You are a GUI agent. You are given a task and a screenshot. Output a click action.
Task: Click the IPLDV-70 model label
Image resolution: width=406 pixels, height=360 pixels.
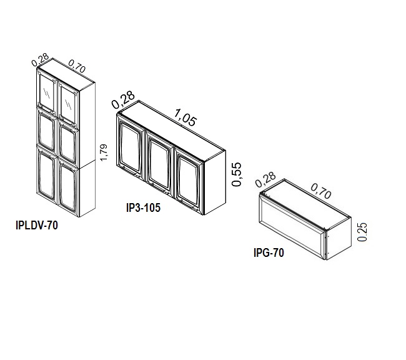(37, 225)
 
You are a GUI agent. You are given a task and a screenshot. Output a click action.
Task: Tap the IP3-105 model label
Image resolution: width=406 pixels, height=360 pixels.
(143, 207)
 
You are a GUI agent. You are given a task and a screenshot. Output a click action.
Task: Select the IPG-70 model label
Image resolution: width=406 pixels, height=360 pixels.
(269, 252)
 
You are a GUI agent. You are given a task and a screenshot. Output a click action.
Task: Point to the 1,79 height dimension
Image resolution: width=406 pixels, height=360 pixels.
(104, 152)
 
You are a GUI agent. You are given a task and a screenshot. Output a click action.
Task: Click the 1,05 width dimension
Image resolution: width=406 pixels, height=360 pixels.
(186, 117)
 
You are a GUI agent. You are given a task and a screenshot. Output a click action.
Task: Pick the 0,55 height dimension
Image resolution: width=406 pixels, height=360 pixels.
(237, 174)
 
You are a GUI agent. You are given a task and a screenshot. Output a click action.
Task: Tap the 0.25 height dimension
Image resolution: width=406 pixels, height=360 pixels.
(362, 232)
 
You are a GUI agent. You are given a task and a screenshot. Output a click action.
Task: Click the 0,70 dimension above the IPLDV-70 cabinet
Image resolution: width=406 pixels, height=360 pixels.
(77, 66)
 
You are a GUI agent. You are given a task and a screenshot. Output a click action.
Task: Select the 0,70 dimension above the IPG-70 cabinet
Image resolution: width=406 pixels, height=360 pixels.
(321, 191)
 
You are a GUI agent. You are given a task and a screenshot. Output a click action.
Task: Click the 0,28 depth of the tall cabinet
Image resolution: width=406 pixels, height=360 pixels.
(40, 59)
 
